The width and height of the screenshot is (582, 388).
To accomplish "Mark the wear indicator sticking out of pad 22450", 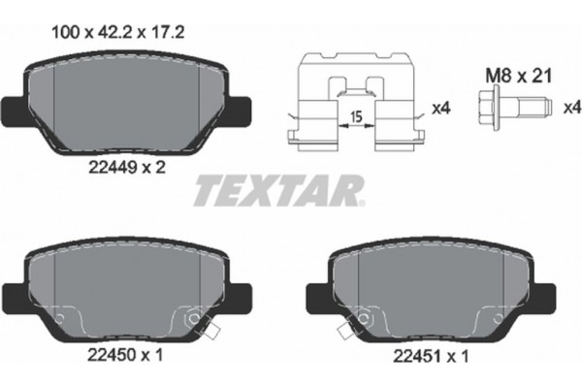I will [210, 336].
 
